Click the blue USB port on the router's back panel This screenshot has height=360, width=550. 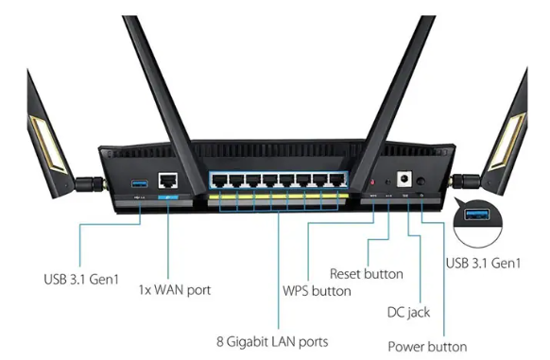(x=139, y=183)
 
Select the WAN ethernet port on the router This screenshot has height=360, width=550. (x=168, y=180)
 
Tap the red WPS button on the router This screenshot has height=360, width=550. (x=372, y=182)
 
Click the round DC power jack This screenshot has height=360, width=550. (x=404, y=179)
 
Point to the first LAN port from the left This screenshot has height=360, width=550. (x=219, y=180)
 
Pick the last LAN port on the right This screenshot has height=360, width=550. (x=337, y=180)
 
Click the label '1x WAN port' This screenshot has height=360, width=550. (x=175, y=290)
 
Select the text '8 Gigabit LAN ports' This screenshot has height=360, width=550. (x=272, y=342)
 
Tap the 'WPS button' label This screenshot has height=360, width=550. (x=317, y=291)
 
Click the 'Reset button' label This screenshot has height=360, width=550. (x=367, y=274)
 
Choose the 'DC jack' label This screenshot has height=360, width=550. (x=408, y=312)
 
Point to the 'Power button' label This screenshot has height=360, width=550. (x=427, y=347)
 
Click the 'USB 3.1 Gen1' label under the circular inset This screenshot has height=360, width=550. (x=483, y=264)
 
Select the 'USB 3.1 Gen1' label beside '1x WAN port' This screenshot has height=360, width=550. (x=81, y=280)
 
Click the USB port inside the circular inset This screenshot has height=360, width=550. (x=477, y=214)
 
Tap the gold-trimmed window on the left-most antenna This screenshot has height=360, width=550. (x=47, y=145)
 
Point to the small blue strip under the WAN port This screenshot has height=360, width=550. (x=168, y=197)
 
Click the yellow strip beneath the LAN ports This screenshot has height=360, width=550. (x=279, y=197)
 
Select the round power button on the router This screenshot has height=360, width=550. (x=421, y=181)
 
